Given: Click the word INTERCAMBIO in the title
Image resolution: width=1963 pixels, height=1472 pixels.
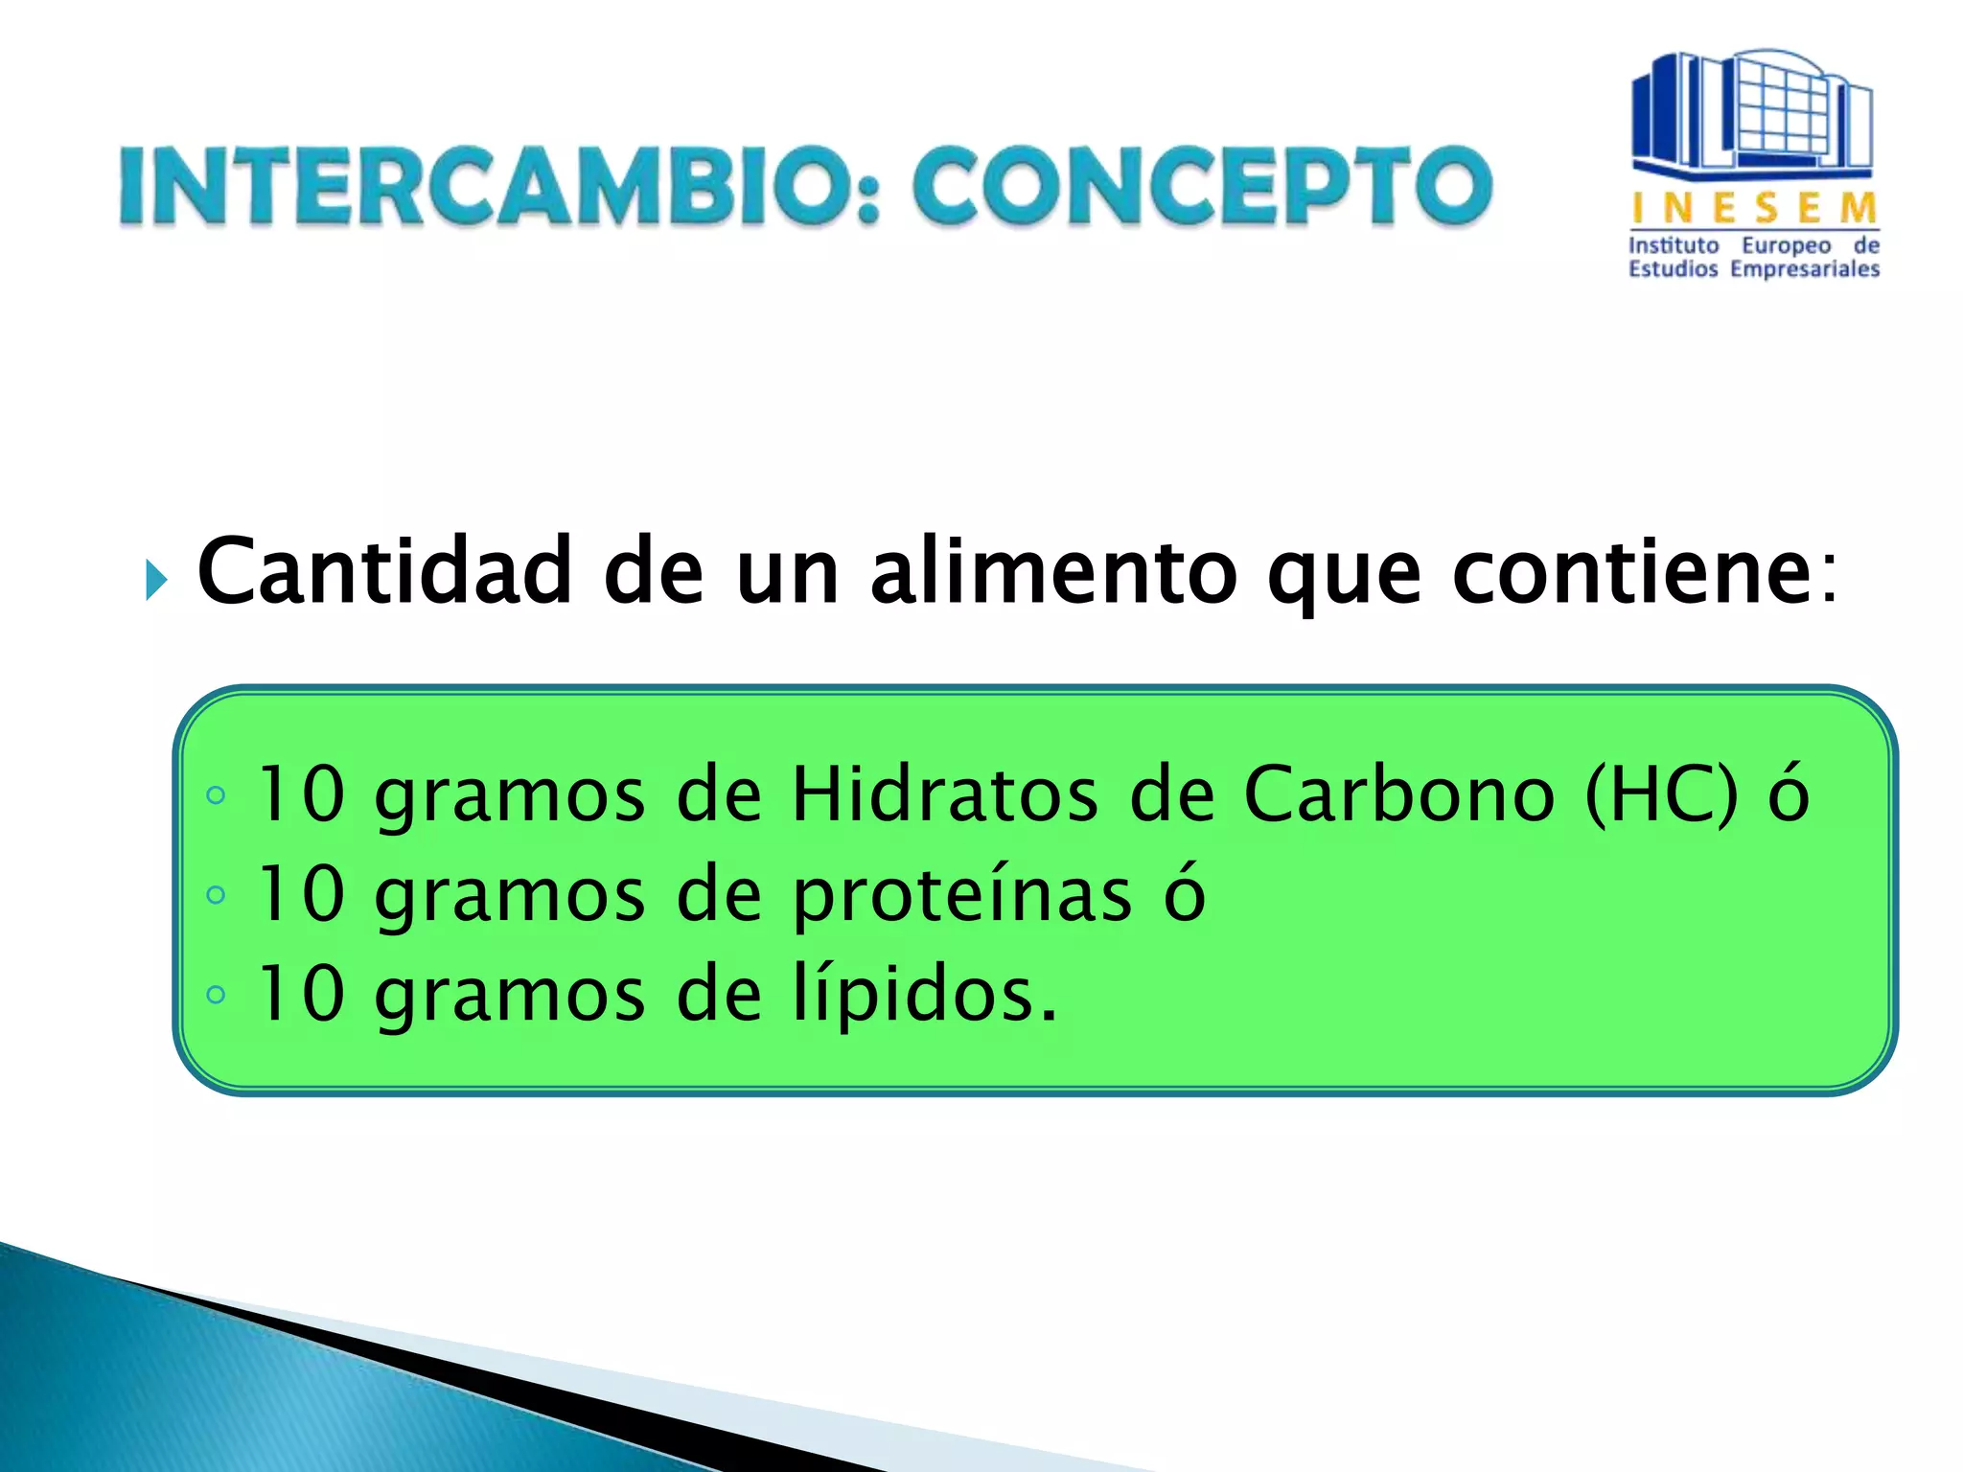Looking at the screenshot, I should coord(498,186).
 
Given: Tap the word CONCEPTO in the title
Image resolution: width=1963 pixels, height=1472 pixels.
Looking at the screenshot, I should coord(1202,186).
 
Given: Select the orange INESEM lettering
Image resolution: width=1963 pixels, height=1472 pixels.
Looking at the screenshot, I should coord(1754,207).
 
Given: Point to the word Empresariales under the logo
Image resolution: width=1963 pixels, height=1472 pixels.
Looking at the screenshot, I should coord(1804,270).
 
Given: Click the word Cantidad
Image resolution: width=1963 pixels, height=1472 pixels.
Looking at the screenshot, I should coord(383,571).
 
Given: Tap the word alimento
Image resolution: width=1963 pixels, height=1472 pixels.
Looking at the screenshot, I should coord(1053,571).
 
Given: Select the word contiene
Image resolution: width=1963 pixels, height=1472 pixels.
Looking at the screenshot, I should coord(1628,573).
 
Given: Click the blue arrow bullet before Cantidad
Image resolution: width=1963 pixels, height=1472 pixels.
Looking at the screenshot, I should coord(156,580).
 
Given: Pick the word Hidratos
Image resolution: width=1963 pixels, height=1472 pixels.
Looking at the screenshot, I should coord(943,794).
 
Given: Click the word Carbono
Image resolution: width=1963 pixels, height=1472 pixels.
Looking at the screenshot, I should coord(1398,794).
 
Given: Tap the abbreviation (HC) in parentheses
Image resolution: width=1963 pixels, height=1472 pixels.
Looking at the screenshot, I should coord(1661,794).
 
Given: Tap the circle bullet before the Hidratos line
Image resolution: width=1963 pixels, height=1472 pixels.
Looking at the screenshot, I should coord(216,795).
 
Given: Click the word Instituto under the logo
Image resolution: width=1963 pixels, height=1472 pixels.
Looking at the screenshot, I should coord(1673,245).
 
